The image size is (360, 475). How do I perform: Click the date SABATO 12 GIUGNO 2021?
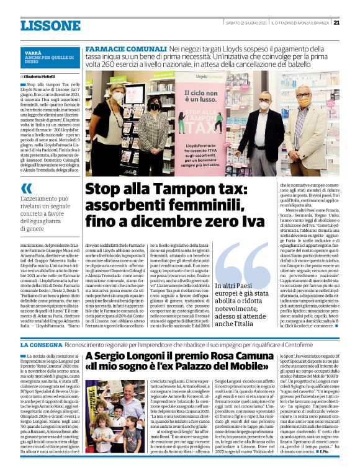coord(244,22)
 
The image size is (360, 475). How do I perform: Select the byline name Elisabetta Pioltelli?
coord(40,76)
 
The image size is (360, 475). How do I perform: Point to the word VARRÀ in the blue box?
coord(34,54)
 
